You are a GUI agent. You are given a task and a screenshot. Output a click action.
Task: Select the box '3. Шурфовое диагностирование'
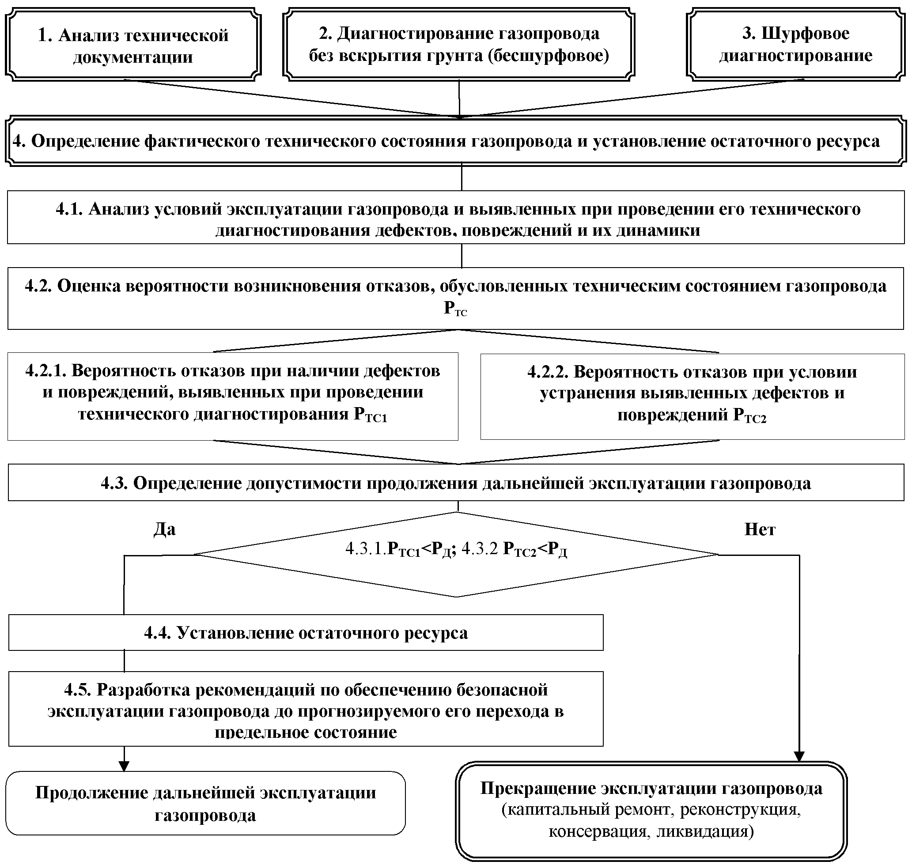coord(795,45)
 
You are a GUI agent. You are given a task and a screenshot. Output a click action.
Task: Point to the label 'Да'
coord(165,529)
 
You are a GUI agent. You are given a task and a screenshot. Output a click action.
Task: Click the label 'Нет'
coord(760,529)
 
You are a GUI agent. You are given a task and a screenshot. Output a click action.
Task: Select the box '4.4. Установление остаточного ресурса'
coord(305,633)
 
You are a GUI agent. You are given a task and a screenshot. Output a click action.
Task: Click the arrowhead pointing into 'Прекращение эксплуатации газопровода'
coord(799,757)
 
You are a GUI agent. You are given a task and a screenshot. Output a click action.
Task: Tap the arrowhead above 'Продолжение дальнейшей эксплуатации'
coord(124,767)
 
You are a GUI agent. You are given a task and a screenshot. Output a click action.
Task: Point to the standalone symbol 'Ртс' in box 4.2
coord(455,309)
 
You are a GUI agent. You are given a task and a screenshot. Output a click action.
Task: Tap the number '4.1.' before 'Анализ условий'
coord(69,209)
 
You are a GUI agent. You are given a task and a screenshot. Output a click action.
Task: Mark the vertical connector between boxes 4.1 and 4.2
coord(462,256)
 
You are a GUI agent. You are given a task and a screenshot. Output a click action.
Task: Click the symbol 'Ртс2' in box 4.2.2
coord(749,416)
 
